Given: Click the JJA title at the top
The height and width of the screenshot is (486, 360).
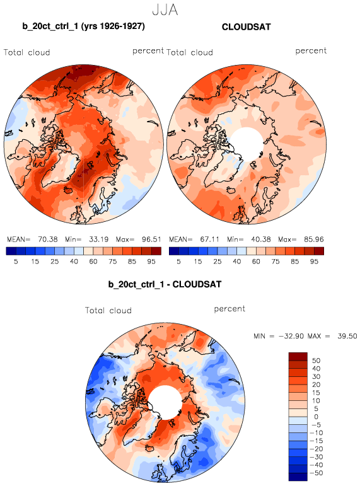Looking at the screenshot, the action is point(165,10).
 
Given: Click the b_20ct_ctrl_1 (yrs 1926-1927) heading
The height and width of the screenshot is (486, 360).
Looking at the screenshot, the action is point(83,26).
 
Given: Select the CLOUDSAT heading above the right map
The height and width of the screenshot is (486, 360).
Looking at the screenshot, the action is point(247,27).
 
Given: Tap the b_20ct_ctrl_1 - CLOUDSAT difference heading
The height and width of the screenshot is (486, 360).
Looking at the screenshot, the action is point(165,284).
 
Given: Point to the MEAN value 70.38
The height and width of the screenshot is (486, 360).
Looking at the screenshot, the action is point(48,240).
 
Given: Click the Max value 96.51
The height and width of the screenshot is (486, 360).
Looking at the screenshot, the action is point(151,240).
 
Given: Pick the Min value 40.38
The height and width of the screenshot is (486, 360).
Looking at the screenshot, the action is point(261,240).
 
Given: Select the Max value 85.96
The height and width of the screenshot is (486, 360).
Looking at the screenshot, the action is point(314,240).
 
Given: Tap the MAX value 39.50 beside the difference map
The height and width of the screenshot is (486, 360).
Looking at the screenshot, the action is point(347,336).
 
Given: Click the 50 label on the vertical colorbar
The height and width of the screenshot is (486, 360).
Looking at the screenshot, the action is point(316,361).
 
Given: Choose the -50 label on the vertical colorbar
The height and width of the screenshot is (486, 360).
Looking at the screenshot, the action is point(316,473).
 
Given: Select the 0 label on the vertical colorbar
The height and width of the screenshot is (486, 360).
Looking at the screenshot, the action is point(316,417).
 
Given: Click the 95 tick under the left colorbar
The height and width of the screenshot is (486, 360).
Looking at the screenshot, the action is point(151,262).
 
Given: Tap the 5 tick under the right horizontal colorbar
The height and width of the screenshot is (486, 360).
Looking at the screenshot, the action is point(178,262).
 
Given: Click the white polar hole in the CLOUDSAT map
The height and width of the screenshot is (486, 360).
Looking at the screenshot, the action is point(247,144).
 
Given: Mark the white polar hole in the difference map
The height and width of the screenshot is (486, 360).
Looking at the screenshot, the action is point(165,403).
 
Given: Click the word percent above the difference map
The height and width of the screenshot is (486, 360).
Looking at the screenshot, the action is point(229,309).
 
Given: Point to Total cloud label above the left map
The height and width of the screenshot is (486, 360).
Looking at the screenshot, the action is point(27,52).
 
